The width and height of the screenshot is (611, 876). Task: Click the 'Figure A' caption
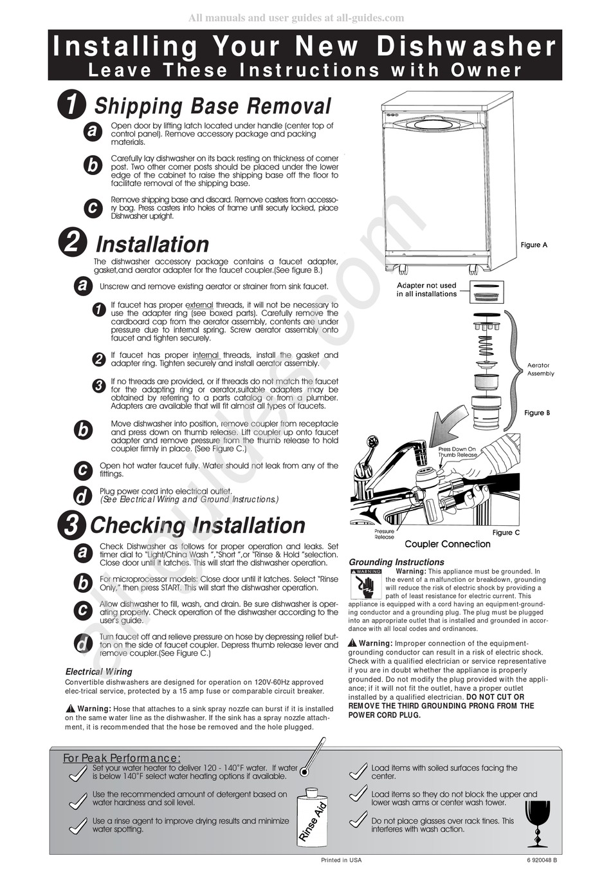click(534, 245)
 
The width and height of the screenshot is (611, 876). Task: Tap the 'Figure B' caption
click(537, 413)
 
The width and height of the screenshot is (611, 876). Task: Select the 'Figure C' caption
click(506, 532)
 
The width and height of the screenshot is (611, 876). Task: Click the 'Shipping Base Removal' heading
click(212, 106)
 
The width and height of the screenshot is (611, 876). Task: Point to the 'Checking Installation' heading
click(197, 525)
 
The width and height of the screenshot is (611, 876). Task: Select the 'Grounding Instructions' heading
click(396, 562)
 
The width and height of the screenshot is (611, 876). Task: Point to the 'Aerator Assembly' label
click(540, 369)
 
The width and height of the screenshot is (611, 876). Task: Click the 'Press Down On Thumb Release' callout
click(457, 452)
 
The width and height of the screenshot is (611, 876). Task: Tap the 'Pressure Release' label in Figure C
click(384, 534)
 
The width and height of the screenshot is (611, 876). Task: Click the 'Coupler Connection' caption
click(447, 545)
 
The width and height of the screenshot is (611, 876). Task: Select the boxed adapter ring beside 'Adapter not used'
click(487, 292)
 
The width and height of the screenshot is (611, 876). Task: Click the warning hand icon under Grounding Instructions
click(365, 586)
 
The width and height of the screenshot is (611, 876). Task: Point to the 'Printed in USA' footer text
click(341, 860)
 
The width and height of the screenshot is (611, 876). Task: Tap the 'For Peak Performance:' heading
click(122, 758)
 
